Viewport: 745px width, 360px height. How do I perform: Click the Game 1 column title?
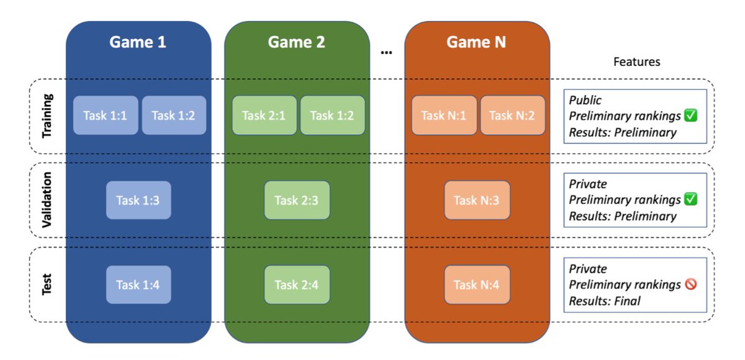click(138, 42)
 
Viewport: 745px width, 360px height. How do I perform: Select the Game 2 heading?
click(296, 42)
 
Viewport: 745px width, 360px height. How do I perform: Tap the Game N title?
click(476, 42)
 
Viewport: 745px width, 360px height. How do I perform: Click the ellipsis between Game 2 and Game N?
click(386, 53)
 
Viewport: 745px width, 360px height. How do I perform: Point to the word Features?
click(636, 62)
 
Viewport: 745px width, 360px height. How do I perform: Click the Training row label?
click(48, 116)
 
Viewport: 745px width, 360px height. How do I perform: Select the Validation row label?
click(48, 200)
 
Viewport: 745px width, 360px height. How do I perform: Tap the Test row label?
click(48, 284)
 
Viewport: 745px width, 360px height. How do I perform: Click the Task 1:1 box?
click(106, 115)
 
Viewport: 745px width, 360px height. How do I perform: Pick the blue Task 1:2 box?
click(174, 115)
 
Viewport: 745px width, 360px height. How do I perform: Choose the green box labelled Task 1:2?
click(332, 115)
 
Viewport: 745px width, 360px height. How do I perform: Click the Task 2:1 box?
click(264, 115)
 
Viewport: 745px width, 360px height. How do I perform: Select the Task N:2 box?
click(512, 115)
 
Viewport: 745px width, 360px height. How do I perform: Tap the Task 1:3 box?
click(138, 200)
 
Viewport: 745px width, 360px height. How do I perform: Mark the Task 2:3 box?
click(296, 200)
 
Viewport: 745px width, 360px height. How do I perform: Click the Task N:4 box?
click(477, 285)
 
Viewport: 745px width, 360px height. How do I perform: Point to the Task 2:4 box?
click(296, 285)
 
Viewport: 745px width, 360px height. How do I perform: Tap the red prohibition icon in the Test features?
click(690, 284)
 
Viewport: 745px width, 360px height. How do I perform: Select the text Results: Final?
click(604, 301)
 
